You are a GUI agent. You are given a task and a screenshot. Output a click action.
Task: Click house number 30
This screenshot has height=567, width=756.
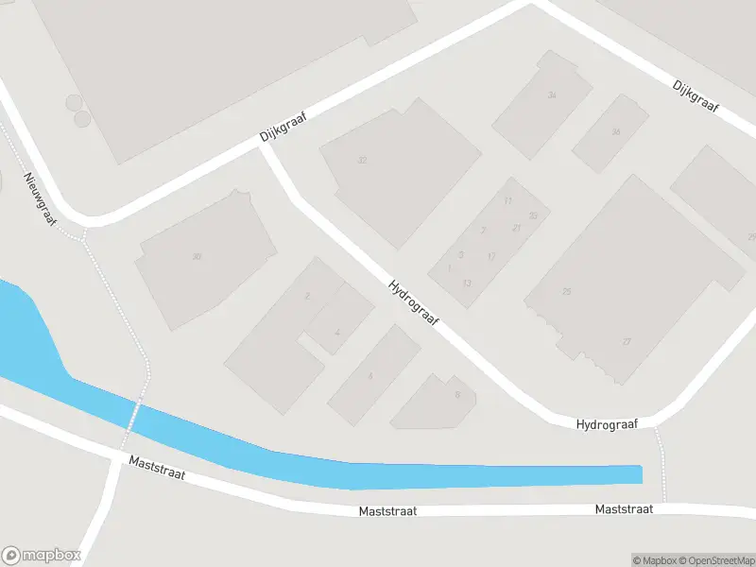197,257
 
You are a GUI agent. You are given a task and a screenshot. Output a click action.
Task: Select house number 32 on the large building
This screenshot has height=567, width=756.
362,161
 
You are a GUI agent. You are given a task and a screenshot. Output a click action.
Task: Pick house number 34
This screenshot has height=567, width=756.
552,95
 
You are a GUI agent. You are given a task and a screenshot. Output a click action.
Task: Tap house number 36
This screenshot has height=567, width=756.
616,131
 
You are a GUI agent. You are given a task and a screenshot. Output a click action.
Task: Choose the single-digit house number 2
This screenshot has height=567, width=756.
307,297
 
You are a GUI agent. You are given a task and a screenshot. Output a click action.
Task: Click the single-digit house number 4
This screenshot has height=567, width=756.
337,333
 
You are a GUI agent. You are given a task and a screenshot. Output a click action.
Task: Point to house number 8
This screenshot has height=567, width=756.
456,395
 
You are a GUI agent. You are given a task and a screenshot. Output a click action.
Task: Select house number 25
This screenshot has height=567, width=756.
567,292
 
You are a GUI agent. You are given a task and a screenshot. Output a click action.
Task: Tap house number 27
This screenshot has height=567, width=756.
627,341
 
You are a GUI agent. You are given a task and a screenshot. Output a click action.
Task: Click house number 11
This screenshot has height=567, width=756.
508,200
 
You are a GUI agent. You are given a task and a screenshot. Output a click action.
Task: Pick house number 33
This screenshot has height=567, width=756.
533,216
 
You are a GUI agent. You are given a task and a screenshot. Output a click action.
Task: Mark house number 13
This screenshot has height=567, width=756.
467,283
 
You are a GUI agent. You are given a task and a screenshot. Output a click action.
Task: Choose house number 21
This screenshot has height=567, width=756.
516,228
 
